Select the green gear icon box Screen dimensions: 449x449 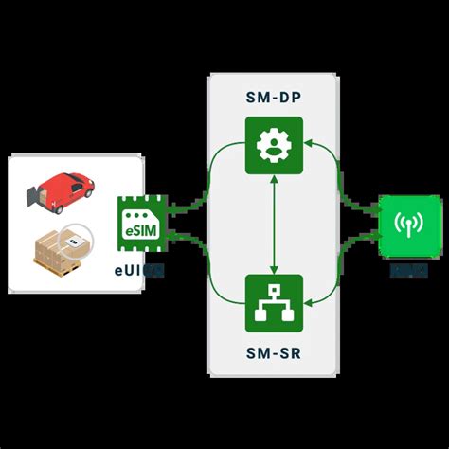(x=274, y=145)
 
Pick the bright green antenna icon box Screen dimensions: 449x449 (x=409, y=225)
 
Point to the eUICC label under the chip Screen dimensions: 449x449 (x=142, y=271)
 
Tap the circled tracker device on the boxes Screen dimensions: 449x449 (x=73, y=242)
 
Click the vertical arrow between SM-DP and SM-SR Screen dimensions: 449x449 (x=274, y=224)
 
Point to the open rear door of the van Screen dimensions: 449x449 (x=36, y=196)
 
